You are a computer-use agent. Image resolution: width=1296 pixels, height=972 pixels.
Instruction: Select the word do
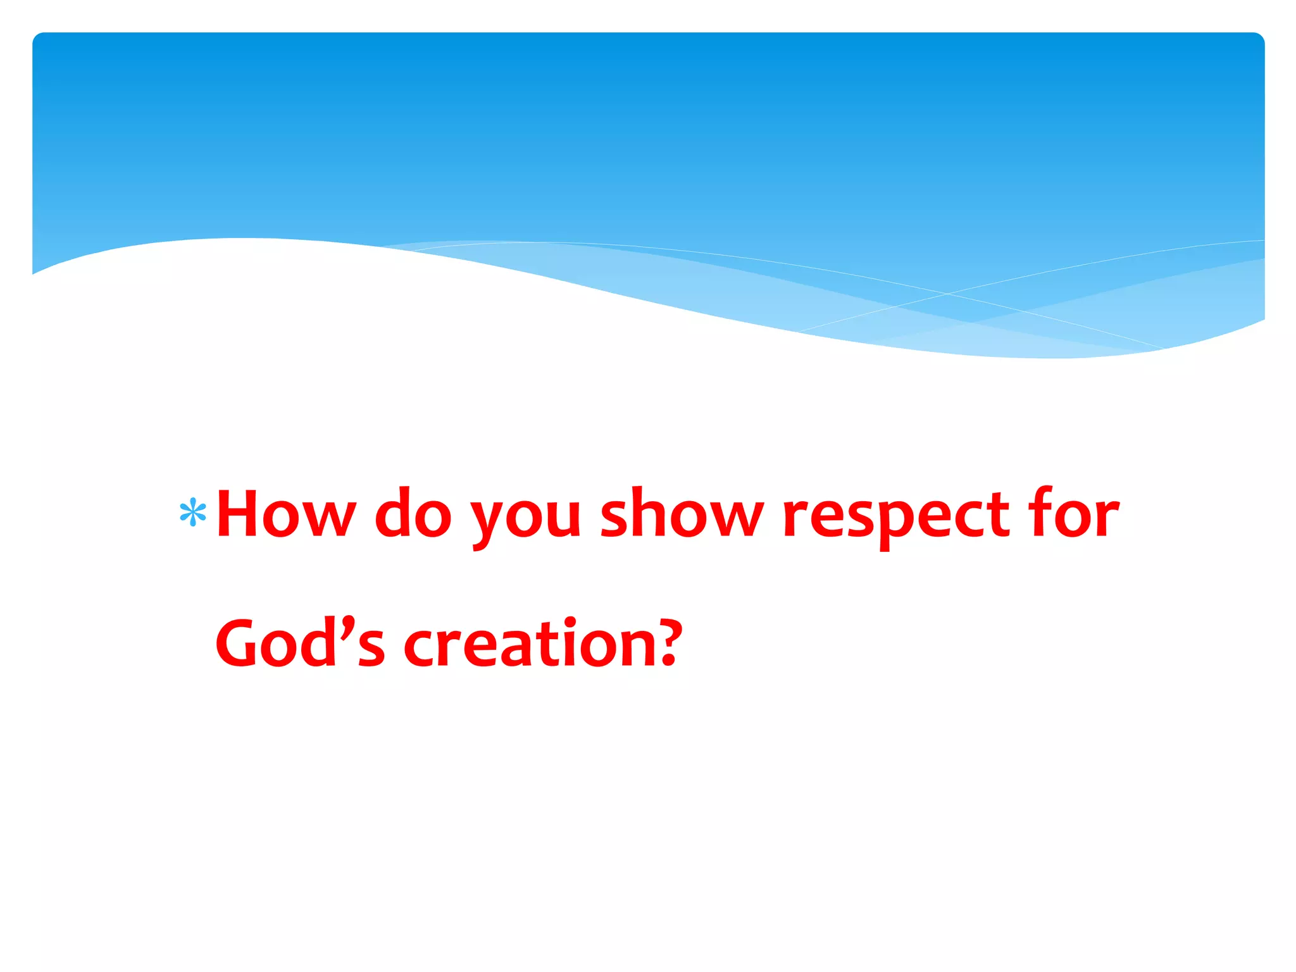413,514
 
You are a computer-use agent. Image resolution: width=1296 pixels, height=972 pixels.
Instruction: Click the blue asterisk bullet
193,513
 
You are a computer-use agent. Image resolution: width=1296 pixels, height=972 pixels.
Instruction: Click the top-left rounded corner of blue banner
38,38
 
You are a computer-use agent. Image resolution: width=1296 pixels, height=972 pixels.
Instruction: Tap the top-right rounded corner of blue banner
1258,38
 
